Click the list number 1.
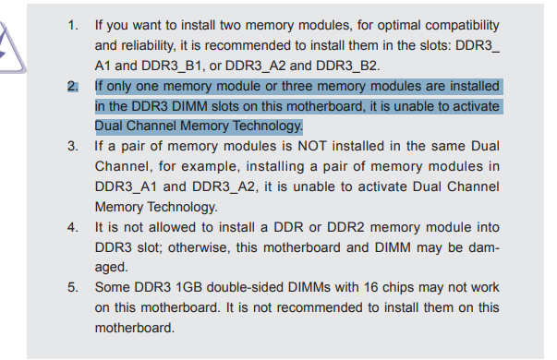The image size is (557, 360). (x=73, y=25)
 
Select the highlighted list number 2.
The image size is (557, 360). (x=73, y=86)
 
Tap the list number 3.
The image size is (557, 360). (x=73, y=146)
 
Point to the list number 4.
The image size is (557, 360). (x=73, y=227)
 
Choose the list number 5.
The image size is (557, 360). (x=73, y=287)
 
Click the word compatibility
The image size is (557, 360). (x=462, y=26)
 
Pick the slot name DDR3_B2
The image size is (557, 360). (x=346, y=66)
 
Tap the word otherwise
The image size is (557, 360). (x=197, y=247)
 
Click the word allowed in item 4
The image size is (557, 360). (x=172, y=227)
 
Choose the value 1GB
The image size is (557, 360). (x=189, y=287)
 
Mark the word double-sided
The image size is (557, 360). (x=245, y=287)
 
